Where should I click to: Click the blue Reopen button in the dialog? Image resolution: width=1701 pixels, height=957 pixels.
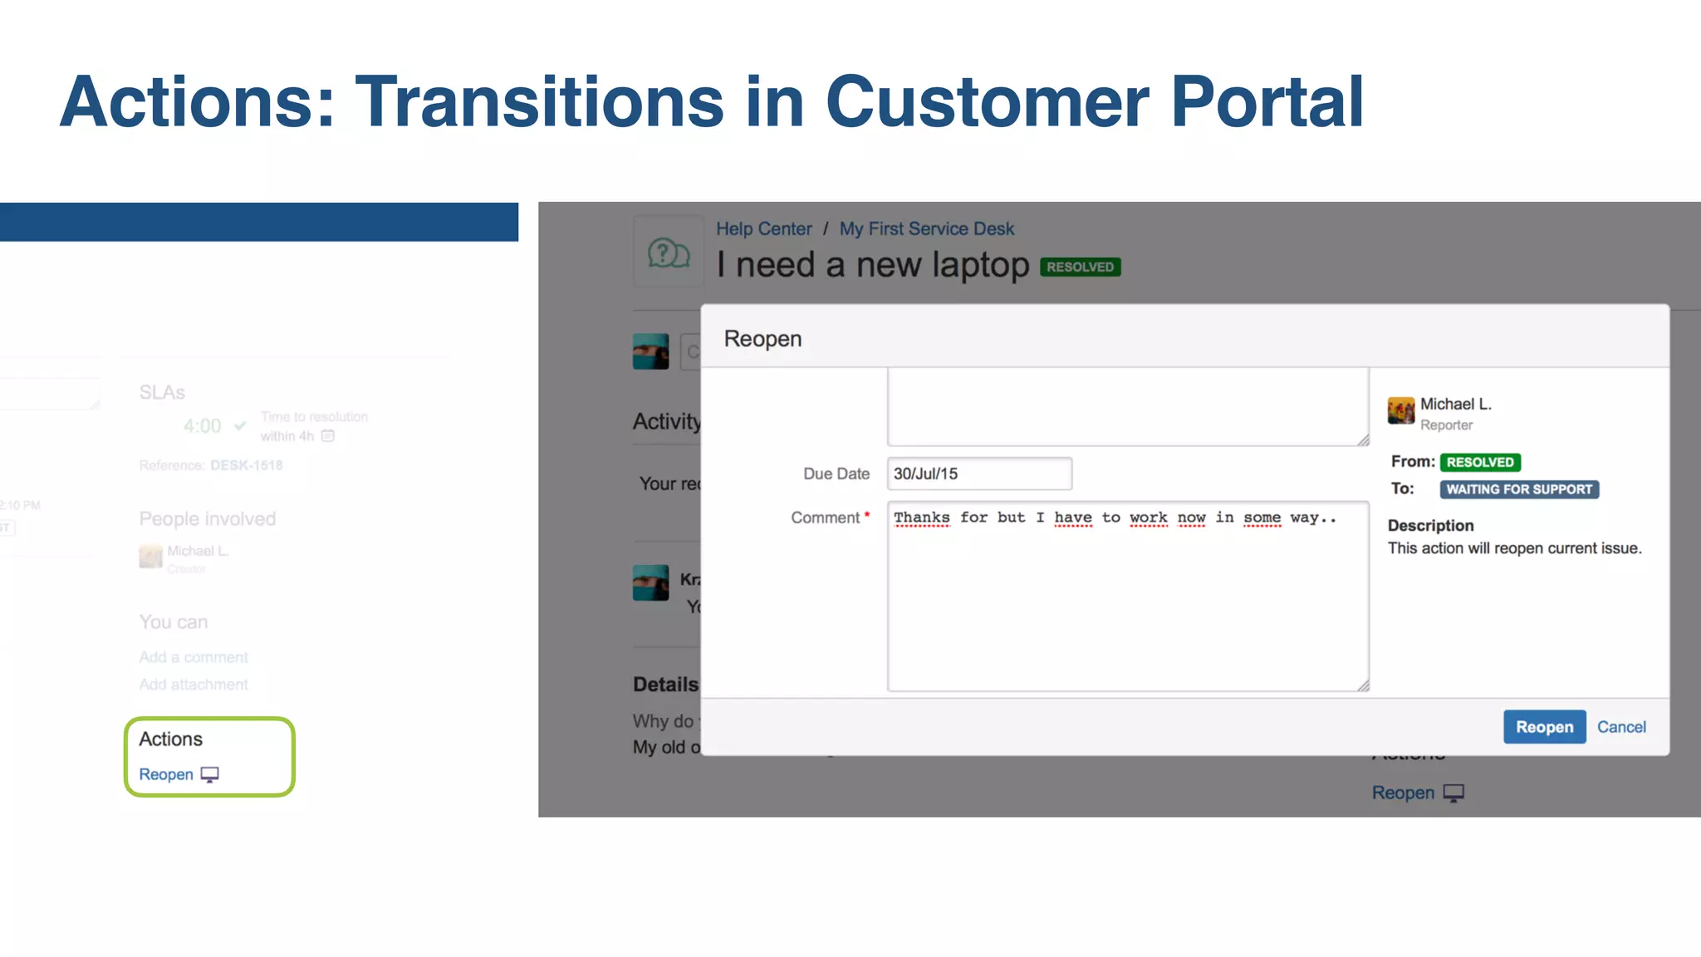(x=1544, y=727)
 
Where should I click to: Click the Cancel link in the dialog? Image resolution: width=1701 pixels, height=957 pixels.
(x=1620, y=727)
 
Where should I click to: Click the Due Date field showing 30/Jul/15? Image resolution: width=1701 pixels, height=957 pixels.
(x=978, y=474)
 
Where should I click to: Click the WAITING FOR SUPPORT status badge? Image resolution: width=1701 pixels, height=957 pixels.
(x=1518, y=489)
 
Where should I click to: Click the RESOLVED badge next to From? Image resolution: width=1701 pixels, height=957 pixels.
(x=1479, y=462)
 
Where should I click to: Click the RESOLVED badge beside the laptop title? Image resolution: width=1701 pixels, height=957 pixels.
(x=1080, y=267)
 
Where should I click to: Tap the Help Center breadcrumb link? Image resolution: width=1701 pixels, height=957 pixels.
(x=763, y=228)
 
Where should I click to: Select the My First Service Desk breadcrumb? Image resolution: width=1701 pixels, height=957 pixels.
(x=926, y=228)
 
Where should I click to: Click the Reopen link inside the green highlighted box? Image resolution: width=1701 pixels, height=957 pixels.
(x=166, y=774)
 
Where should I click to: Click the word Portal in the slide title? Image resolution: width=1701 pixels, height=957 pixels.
(x=1267, y=102)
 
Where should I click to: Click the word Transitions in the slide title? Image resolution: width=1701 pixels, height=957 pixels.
(x=540, y=102)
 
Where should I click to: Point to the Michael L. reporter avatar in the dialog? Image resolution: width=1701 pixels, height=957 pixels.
(x=1400, y=410)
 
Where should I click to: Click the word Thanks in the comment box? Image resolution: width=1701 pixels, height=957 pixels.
(x=921, y=518)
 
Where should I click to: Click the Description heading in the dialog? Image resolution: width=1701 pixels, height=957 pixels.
(x=1430, y=525)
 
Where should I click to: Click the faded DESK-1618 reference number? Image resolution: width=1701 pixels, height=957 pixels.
(x=246, y=465)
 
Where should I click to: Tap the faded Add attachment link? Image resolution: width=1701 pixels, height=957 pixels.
(x=193, y=685)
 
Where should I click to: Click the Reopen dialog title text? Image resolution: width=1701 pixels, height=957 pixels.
(x=762, y=339)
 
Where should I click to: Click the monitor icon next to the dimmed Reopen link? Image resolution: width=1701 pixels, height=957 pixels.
(x=1453, y=793)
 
